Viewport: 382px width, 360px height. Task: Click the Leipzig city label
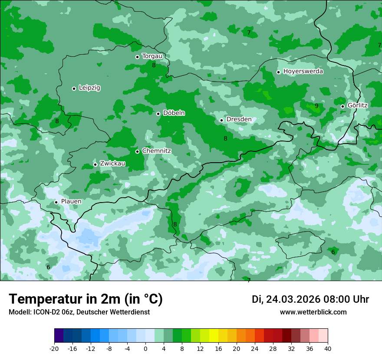point(89,88)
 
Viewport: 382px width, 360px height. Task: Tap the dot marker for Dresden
point(221,120)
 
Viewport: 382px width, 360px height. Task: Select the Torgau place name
point(152,56)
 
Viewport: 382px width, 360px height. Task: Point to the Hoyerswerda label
point(303,72)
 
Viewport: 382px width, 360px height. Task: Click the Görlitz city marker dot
point(342,106)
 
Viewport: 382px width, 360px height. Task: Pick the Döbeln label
point(174,113)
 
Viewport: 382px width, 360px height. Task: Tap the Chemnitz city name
point(156,151)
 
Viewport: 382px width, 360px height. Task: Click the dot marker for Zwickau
point(95,164)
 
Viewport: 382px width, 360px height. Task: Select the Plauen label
point(71,202)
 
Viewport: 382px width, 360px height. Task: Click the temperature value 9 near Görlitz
point(316,106)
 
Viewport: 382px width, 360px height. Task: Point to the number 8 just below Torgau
point(154,65)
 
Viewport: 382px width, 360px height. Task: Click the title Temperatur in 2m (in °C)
point(86,299)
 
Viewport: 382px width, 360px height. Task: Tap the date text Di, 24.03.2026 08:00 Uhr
point(310,299)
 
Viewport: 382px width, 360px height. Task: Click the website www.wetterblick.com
point(313,312)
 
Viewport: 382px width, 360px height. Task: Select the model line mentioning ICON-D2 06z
point(79,312)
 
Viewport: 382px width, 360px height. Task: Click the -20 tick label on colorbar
point(54,349)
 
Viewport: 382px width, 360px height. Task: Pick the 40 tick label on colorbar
point(327,349)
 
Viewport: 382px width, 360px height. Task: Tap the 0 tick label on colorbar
point(145,349)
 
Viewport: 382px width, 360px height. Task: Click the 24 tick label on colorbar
point(254,349)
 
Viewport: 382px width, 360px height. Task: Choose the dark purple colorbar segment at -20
point(59,336)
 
